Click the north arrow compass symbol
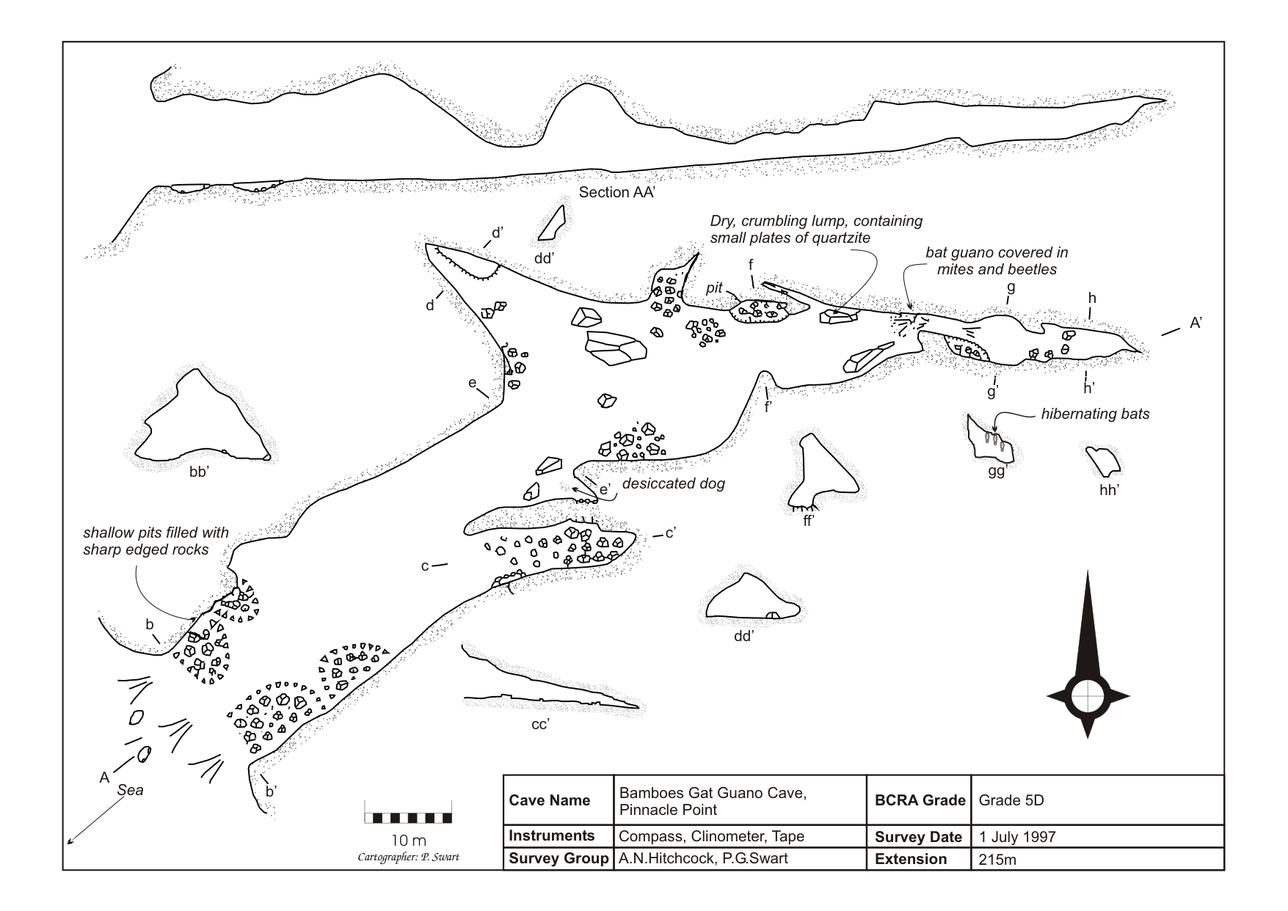1088,693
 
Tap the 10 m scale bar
408,817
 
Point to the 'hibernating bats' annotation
1095,414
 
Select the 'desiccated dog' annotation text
673,484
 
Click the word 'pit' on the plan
714,288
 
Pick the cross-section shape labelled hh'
1103,461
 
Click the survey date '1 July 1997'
1017,837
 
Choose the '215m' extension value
997,860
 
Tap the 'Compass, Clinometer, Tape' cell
711,836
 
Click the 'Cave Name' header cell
549,800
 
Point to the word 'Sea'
131,790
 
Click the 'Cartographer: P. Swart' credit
408,857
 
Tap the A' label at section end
1196,323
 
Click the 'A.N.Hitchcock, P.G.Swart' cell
702,859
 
